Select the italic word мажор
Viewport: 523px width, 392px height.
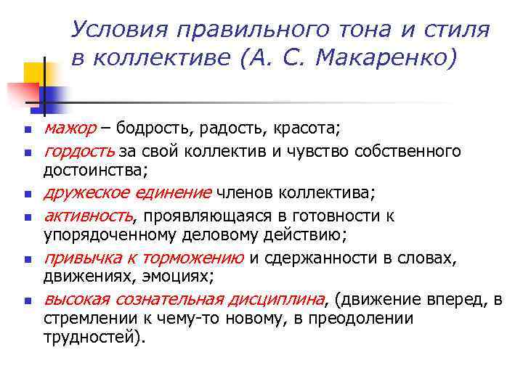coord(70,128)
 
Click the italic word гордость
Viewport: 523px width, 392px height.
coord(79,150)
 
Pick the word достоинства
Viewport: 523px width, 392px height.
coord(94,171)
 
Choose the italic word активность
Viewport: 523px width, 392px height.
coord(88,215)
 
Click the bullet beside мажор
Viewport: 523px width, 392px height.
coord(27,131)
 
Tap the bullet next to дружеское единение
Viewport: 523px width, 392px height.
coord(27,195)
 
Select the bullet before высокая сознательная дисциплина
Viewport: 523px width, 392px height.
coord(27,300)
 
